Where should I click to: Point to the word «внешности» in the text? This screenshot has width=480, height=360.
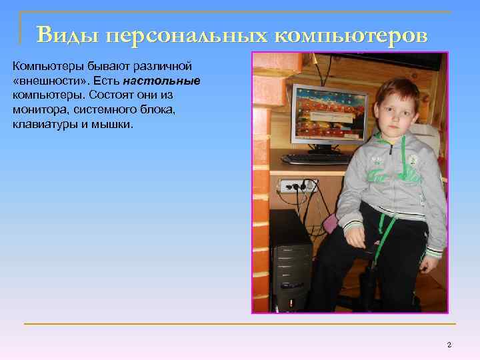(43, 80)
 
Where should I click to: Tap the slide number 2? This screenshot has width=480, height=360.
(449, 344)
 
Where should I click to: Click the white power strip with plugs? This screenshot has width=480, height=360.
(297, 185)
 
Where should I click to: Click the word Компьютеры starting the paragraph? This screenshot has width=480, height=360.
(42, 66)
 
